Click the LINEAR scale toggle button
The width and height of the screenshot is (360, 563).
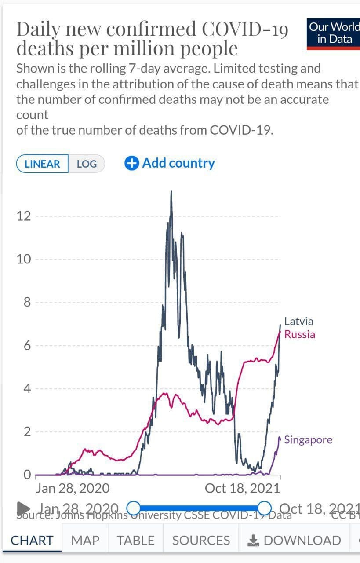coord(42,164)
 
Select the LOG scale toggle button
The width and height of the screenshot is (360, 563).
coord(87,164)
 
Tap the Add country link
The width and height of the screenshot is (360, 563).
coord(178,163)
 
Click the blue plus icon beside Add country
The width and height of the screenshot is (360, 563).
coord(132,163)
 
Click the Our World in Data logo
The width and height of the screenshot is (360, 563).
coord(333,33)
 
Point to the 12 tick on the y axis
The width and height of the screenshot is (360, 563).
coord(24,216)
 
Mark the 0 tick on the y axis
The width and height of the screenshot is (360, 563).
coord(27,475)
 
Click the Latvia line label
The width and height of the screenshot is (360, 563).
coord(299,321)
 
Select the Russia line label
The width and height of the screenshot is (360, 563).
coord(300,334)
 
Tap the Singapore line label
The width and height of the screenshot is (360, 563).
coord(308,440)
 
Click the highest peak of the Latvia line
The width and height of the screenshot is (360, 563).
coord(171,192)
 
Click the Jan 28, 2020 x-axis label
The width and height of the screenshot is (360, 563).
coord(73,488)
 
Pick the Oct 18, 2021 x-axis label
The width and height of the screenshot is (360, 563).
coord(242,488)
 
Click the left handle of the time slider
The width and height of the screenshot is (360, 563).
coord(134,508)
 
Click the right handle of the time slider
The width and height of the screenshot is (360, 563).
coord(265,508)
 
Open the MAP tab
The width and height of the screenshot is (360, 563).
coord(85,540)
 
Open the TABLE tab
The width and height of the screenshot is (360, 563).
coord(136,540)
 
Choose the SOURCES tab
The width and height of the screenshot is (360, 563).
coord(201,540)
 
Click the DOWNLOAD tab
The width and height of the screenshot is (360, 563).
coord(295,540)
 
